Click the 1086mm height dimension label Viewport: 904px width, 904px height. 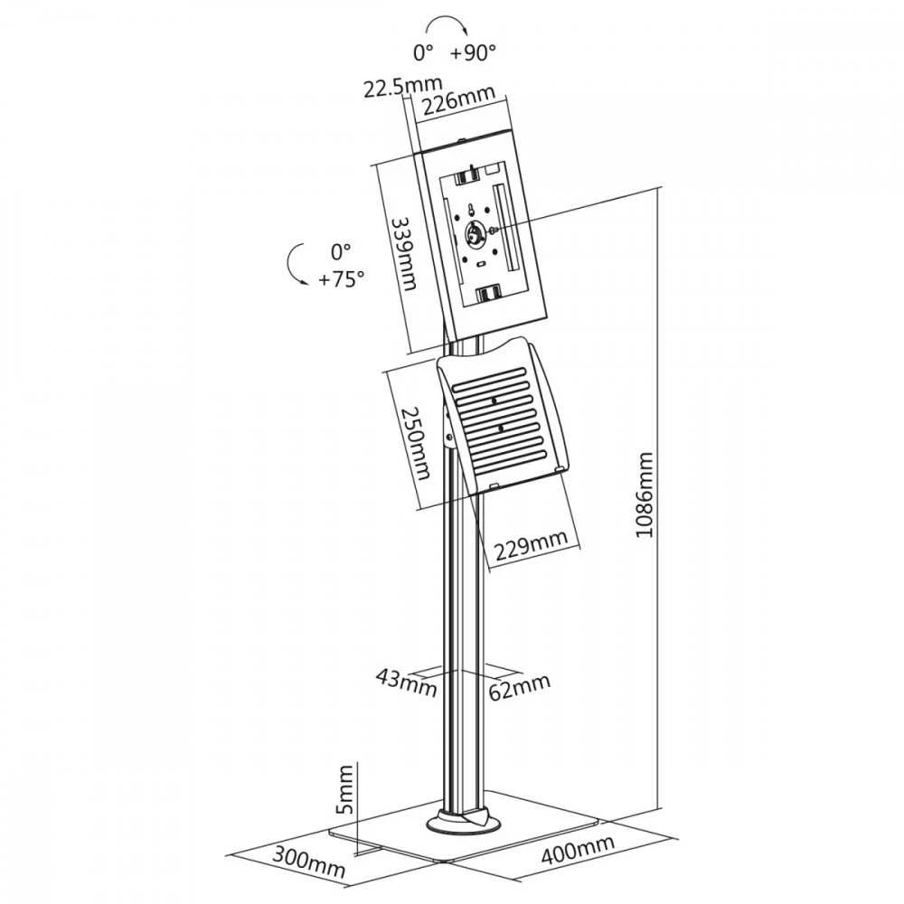coord(645,494)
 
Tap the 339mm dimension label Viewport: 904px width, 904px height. coord(403,253)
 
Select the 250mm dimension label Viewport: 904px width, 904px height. coord(416,443)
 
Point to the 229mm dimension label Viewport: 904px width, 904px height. coord(532,544)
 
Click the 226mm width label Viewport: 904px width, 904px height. coord(458,99)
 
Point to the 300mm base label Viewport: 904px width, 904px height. coord(308,861)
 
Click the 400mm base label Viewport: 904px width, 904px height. coord(578,849)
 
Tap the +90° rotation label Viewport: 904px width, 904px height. coord(473,53)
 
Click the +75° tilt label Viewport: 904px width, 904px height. coord(342,279)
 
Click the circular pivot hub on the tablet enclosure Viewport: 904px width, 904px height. coord(476,234)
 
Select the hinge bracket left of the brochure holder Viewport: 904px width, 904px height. coord(447,427)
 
